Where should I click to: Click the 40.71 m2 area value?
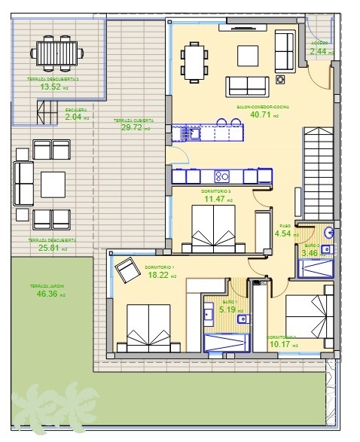(x=259, y=116)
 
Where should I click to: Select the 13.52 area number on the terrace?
(x=50, y=87)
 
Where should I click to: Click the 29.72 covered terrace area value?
(x=133, y=128)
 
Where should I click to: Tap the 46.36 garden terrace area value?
(x=48, y=293)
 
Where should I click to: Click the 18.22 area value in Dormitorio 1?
(x=159, y=276)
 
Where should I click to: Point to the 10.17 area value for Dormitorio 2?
(x=282, y=345)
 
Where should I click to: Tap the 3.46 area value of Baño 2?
(x=310, y=253)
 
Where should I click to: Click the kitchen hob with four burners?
(x=222, y=176)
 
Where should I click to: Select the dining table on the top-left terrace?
(x=56, y=53)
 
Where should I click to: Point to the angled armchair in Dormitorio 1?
(x=125, y=268)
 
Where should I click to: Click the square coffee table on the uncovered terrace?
(x=53, y=183)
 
